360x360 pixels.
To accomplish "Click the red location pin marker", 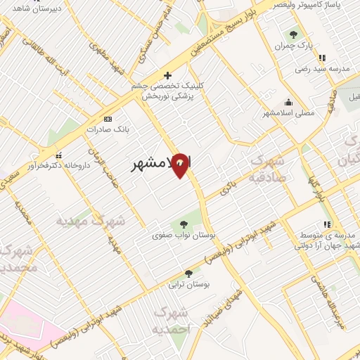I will coord(181,165).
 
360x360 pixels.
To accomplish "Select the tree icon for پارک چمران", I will coord(293,33).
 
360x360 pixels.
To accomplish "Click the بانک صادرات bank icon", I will coord(107,119).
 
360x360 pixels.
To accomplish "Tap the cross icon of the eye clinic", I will coord(167,75).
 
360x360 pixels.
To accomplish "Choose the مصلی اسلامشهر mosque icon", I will coord(288,102).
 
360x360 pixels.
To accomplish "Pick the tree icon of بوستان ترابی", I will coord(188,273).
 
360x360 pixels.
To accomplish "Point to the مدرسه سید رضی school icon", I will coord(321,58).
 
